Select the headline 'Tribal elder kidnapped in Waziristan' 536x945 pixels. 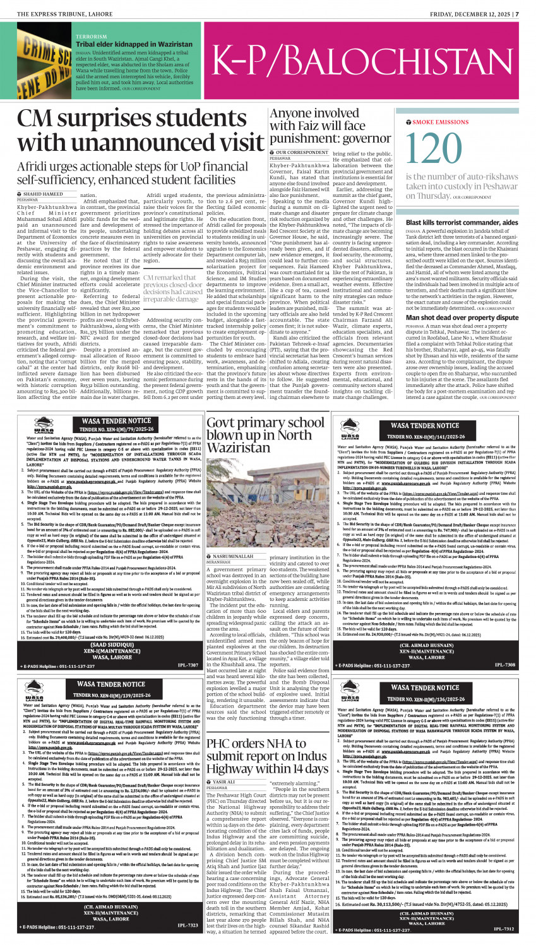coord(134,45)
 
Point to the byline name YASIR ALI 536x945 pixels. coord(225,782)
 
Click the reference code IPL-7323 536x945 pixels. coord(188,925)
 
